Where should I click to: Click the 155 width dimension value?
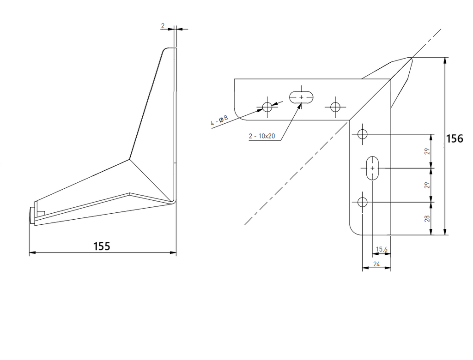click(102, 246)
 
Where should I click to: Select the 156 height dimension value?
click(455, 138)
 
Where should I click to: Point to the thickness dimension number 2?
click(163, 26)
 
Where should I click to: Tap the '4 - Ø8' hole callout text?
click(219, 120)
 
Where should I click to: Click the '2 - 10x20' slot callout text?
click(262, 136)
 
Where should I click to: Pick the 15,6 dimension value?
click(382, 249)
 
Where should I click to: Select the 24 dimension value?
click(376, 264)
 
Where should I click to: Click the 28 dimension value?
click(427, 219)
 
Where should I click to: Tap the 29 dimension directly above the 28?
click(427, 185)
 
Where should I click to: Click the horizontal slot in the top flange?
click(301, 97)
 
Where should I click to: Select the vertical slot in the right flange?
click(373, 168)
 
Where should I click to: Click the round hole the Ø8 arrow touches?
click(267, 107)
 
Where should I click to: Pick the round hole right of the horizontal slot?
click(335, 107)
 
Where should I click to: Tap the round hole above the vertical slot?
click(362, 134)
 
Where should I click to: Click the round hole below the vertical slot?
click(362, 202)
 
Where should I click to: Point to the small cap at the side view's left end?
click(32, 215)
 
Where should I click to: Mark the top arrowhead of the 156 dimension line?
click(445, 60)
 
